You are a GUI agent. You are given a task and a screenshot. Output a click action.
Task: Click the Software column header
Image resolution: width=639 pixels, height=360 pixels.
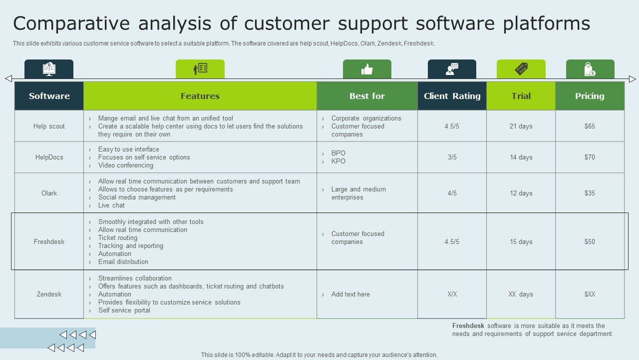(x=49, y=96)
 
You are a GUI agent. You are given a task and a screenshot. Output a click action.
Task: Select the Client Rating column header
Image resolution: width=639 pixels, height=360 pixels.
(x=452, y=96)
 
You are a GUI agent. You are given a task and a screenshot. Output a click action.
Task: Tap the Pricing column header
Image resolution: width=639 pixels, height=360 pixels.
(x=590, y=96)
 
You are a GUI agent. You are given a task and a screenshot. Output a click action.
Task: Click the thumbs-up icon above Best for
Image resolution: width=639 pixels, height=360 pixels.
(x=367, y=69)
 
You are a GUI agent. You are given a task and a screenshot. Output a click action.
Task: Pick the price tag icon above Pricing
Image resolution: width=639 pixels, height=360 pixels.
(x=590, y=69)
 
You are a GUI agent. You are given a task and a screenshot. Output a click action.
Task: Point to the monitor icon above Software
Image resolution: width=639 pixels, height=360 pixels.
(x=49, y=69)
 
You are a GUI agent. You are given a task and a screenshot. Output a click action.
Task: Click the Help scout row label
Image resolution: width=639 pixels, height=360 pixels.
(x=49, y=126)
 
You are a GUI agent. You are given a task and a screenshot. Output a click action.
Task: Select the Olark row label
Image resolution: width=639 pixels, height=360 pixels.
(x=49, y=193)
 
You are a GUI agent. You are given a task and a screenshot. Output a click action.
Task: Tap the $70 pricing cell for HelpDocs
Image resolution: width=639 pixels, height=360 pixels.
(x=590, y=157)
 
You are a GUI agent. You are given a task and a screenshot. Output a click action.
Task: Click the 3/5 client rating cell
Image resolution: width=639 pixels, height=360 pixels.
(x=452, y=157)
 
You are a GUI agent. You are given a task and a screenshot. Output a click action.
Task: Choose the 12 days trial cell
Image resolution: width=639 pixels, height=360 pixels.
(x=521, y=193)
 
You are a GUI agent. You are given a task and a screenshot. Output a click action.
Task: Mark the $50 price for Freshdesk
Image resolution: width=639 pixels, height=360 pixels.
(x=590, y=242)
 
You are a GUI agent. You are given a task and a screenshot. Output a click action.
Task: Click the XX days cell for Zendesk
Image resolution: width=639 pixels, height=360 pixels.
(x=521, y=294)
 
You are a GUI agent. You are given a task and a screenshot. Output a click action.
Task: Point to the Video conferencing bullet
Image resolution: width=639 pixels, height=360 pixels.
(x=125, y=165)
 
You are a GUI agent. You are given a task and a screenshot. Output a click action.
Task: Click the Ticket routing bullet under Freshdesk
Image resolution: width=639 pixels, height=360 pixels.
(x=117, y=238)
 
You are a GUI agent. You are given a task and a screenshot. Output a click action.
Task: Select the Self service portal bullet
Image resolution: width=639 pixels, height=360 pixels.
(x=124, y=310)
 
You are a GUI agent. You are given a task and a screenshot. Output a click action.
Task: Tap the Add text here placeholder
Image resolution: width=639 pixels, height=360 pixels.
(x=350, y=294)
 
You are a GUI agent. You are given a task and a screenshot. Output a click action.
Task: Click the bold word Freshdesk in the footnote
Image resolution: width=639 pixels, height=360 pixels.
(x=468, y=326)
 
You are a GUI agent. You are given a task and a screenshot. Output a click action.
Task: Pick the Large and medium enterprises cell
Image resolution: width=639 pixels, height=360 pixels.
(x=358, y=193)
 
